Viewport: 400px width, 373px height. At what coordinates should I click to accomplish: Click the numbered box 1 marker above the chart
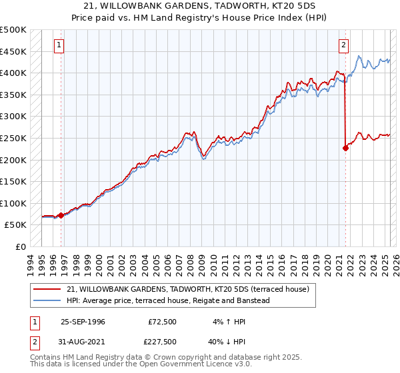coord(59,45)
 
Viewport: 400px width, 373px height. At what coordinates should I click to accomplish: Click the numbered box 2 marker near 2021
coord(343,45)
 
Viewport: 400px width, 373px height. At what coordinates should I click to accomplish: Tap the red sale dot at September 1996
coord(61,215)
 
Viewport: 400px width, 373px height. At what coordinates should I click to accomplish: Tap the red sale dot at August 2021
coord(345,148)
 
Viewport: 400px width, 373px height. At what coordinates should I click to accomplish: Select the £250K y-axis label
coord(13,138)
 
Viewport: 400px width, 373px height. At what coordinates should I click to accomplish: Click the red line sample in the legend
coord(47,290)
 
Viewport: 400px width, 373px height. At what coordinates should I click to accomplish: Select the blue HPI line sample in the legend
coord(47,300)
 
